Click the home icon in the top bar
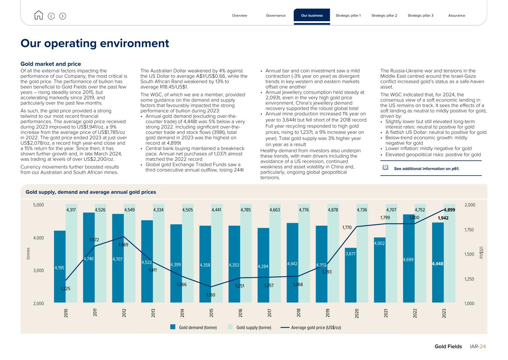click(x=39, y=15)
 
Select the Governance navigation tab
click(x=276, y=16)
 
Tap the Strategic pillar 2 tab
click(x=384, y=16)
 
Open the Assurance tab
click(x=457, y=16)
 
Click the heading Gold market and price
click(x=51, y=64)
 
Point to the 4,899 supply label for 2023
click(x=449, y=210)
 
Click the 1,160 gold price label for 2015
click(x=211, y=295)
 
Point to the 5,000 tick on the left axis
click(x=39, y=205)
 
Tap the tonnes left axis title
click(x=28, y=254)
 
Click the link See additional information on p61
click(x=426, y=169)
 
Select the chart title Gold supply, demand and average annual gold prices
click(x=91, y=192)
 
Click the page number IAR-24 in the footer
click(x=478, y=347)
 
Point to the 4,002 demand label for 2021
click(x=380, y=244)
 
